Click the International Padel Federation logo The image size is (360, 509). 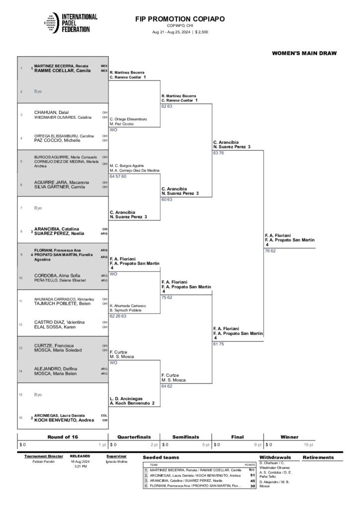[69, 23]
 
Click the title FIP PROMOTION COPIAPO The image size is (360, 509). [180, 19]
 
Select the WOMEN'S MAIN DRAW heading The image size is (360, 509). [304, 53]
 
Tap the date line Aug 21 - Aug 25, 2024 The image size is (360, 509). [180, 32]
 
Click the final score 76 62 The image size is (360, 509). [270, 251]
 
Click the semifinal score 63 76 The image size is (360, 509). [218, 153]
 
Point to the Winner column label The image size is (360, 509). [289, 437]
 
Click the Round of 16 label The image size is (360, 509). [62, 437]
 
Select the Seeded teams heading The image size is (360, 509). [161, 457]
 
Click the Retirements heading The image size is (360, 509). [318, 457]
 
